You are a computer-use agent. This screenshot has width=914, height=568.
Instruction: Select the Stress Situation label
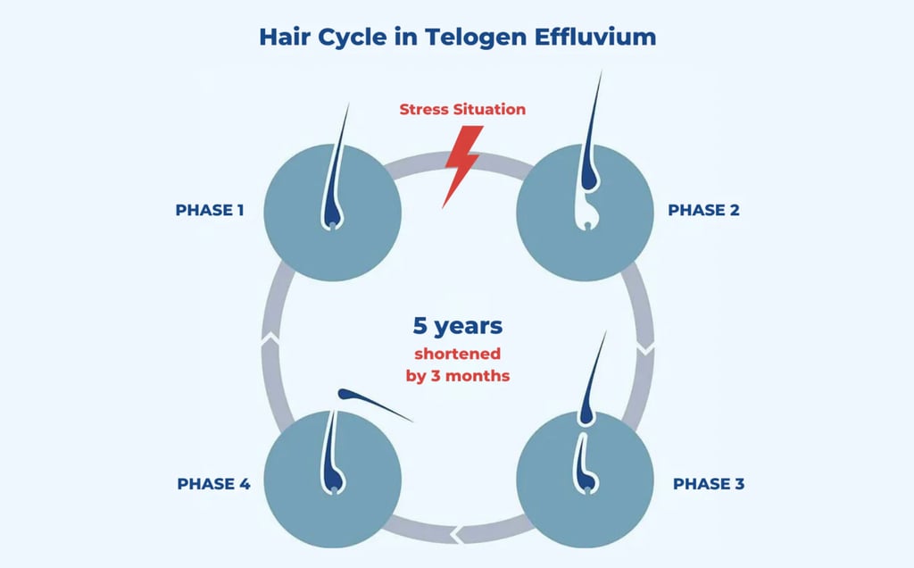(x=462, y=110)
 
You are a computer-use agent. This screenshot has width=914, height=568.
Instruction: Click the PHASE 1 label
(x=210, y=211)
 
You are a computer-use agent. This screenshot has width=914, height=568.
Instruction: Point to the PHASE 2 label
(x=703, y=211)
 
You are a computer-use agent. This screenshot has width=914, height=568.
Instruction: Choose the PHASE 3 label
(x=708, y=484)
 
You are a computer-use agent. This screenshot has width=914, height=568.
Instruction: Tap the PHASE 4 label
(x=213, y=484)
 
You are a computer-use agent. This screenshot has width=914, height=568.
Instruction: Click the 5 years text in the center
(x=457, y=326)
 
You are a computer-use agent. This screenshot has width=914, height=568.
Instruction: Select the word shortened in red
(x=457, y=354)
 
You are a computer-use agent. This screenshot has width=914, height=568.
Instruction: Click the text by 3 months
(x=457, y=376)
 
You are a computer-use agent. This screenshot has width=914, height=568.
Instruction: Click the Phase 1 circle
(x=333, y=213)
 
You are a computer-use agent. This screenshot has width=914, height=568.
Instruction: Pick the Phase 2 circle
(x=585, y=213)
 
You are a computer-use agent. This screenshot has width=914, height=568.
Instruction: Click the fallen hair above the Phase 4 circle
(x=374, y=405)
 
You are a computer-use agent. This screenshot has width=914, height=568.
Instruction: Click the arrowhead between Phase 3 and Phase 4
(x=457, y=535)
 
